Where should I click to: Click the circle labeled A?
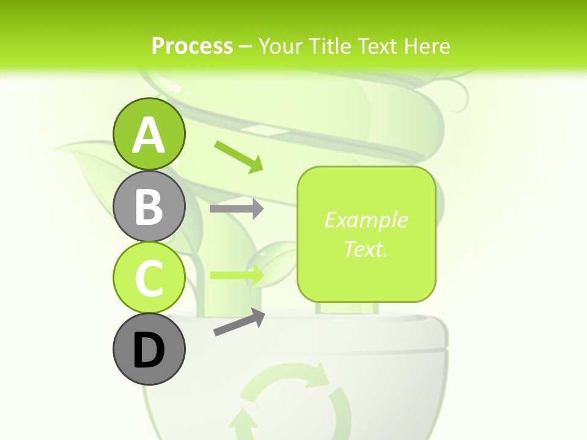click(149, 134)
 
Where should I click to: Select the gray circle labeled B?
click(149, 206)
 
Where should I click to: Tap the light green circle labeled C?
click(149, 277)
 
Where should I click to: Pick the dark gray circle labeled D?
click(149, 349)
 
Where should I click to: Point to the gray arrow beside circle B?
click(237, 209)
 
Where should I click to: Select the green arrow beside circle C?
click(237, 275)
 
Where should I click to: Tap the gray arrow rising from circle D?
click(239, 322)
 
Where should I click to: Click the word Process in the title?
click(192, 46)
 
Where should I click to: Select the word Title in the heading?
click(330, 46)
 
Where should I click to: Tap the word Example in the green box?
click(366, 220)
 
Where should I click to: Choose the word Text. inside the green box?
click(366, 249)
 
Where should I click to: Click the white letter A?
click(149, 135)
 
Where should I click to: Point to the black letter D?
click(149, 350)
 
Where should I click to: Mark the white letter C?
click(149, 278)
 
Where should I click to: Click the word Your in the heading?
click(281, 46)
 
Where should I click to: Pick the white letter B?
click(149, 207)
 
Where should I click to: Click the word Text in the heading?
click(378, 46)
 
